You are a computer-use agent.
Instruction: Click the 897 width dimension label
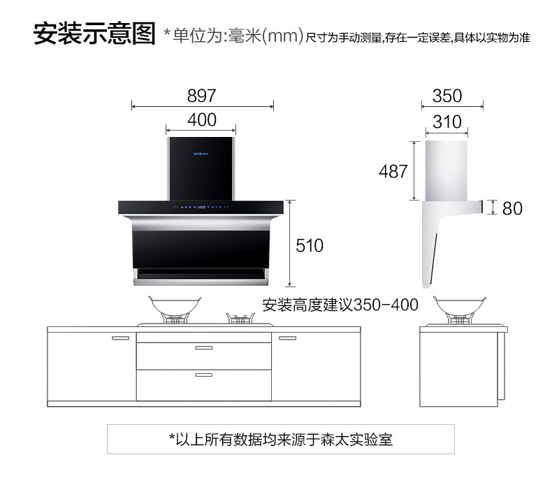click(201, 96)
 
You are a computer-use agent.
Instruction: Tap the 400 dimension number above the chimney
click(202, 120)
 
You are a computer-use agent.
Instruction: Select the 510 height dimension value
click(310, 245)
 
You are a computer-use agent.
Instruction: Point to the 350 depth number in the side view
click(447, 96)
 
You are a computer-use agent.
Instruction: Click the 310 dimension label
click(447, 122)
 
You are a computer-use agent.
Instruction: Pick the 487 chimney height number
click(393, 171)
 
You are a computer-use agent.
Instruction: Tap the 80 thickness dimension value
click(512, 208)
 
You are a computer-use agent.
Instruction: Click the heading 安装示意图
click(94, 34)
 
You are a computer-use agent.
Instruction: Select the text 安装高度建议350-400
click(340, 305)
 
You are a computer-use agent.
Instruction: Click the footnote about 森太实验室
click(281, 439)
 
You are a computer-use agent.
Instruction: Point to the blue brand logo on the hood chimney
click(201, 154)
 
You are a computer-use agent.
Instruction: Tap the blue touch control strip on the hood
click(201, 207)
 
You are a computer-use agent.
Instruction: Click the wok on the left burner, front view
click(175, 310)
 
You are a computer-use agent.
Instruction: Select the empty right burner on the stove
click(241, 318)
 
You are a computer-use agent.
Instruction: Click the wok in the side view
click(459, 310)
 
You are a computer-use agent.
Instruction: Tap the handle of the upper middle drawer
click(204, 348)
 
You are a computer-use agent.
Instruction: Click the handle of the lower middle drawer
click(204, 375)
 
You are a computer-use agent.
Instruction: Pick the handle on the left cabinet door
click(120, 338)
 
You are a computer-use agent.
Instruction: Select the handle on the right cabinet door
click(288, 338)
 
